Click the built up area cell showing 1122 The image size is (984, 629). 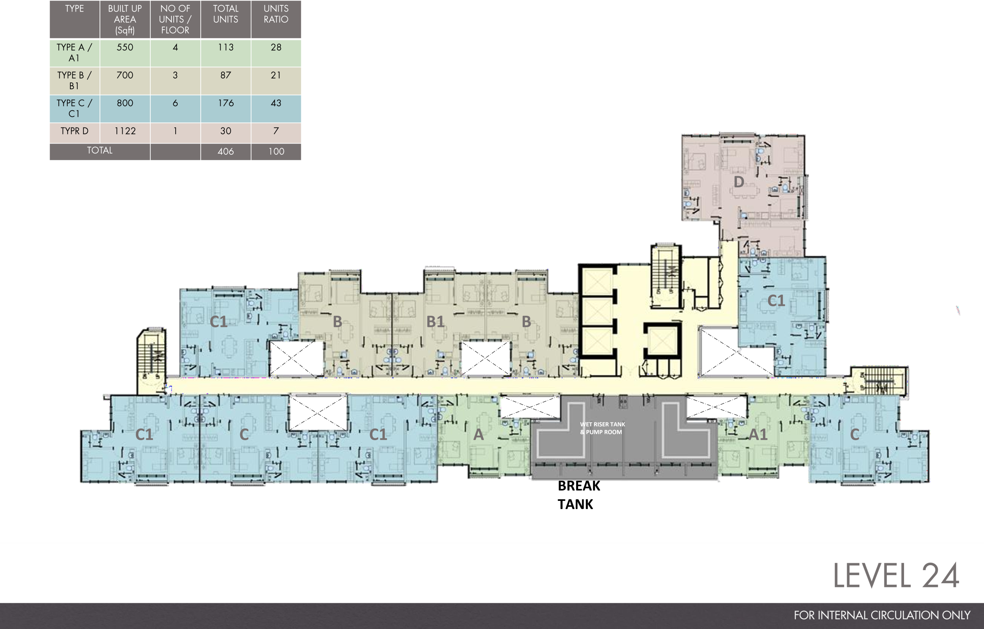pos(125,131)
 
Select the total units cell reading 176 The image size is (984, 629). pos(226,103)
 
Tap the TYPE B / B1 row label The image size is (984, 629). pos(74,80)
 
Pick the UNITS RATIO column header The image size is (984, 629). pos(276,14)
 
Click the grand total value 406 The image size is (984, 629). pos(226,151)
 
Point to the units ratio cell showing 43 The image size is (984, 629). pos(276,103)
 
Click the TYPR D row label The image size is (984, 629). pos(74,131)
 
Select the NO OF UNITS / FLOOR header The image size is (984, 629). pos(175,19)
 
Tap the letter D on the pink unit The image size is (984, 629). pos(738,182)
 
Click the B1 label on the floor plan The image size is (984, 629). pos(435,322)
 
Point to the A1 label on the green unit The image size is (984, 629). pos(758,434)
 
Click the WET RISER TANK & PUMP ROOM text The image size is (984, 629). pos(602,428)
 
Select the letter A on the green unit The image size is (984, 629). pos(478,435)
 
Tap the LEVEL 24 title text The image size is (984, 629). pos(896,576)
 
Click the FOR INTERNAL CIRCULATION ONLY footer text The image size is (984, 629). pos(882,615)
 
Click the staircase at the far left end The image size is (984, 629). pos(151,356)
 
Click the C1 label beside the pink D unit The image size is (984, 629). pos(776,300)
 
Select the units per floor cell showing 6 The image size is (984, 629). pos(175,103)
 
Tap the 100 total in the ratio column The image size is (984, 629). pos(276,151)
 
